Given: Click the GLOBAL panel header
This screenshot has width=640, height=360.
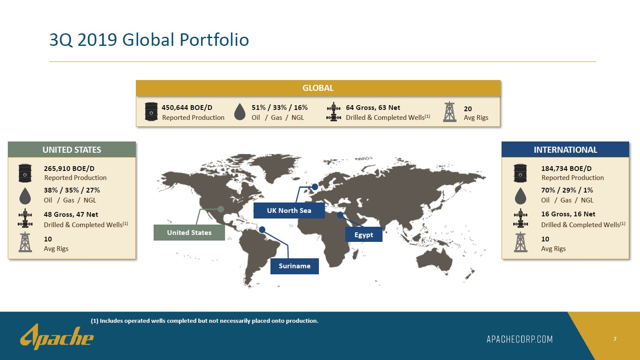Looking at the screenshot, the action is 318,88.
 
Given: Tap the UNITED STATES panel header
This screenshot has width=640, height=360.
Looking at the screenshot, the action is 72,149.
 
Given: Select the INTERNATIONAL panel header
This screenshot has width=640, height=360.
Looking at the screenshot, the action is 565,149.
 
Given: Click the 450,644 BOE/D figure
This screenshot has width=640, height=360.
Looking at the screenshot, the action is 187,108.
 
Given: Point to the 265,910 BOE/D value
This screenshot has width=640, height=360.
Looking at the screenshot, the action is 69,169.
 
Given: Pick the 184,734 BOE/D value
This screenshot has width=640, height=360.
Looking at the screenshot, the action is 566,169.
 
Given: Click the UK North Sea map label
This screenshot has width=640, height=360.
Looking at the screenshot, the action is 289,211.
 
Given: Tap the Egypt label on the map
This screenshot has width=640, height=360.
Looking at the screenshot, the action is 364,235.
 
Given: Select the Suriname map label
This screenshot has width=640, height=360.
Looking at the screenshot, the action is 295,266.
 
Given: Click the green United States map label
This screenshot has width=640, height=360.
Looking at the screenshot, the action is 189,232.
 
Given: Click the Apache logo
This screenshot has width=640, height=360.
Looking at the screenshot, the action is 57,337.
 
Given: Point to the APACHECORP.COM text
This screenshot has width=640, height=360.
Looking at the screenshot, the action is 520,339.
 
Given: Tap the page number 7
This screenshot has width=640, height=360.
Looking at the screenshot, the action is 615,339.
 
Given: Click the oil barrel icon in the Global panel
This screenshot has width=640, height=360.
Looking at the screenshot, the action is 151,112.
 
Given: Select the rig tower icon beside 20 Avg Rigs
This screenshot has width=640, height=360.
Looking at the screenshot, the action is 450,112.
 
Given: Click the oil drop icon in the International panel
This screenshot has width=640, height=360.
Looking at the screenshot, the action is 520,196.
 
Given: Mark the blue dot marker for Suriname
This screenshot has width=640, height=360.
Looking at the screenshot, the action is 262,230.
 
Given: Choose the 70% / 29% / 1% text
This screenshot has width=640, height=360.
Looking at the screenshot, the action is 567,190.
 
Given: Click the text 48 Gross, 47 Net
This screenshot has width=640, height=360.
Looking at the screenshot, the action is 71,215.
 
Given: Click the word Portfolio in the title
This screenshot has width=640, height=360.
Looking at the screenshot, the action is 214,39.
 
